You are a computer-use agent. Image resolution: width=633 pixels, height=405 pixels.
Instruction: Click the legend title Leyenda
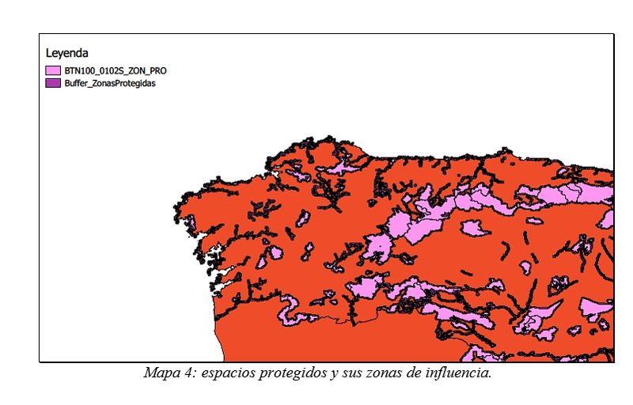[66, 54]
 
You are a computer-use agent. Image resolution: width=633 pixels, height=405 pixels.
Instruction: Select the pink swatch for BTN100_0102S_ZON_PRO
[53, 70]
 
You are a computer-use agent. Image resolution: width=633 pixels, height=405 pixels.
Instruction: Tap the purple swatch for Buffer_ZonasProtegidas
[53, 82]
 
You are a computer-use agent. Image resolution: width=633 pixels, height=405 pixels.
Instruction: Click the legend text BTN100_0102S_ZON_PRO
[116, 70]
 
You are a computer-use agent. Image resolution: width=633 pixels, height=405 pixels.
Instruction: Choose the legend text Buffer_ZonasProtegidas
[110, 82]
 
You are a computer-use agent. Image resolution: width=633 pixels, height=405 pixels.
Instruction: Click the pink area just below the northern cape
[342, 167]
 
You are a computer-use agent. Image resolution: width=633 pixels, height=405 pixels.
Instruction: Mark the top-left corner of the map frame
[40, 35]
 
